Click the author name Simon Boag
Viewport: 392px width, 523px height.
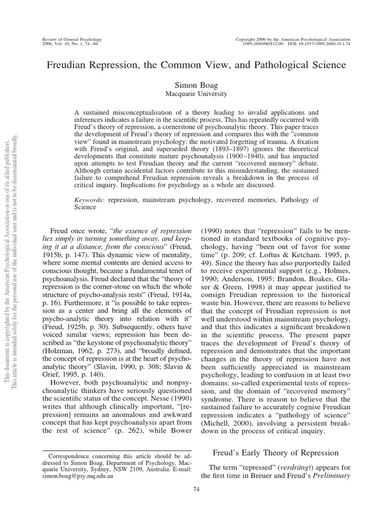[196, 84]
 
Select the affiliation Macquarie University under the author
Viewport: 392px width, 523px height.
[196, 93]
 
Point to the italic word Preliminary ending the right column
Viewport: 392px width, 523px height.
[330, 476]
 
